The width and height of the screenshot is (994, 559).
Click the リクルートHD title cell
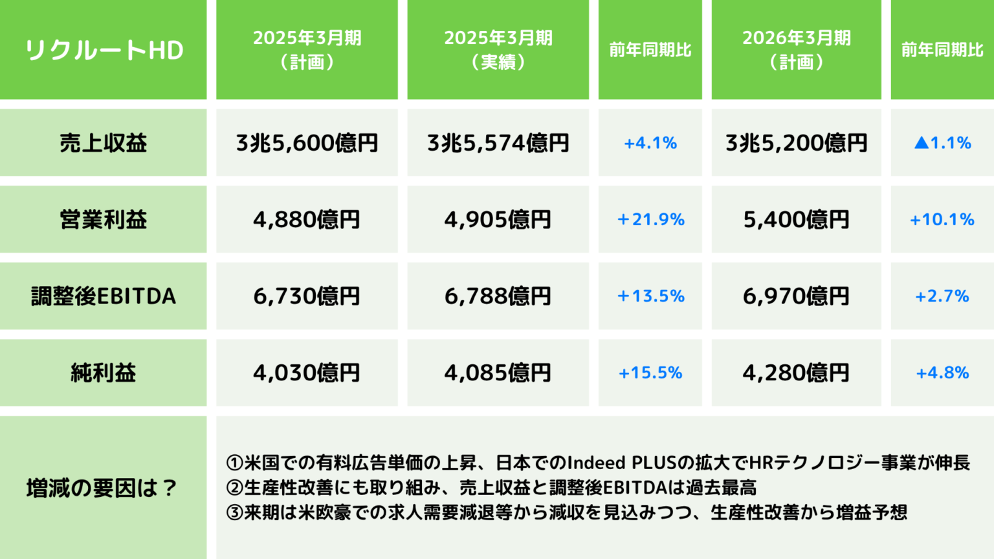(104, 50)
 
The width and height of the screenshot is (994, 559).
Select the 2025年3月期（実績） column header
(498, 50)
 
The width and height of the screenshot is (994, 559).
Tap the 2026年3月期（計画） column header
(796, 50)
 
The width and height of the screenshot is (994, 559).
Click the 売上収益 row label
(104, 142)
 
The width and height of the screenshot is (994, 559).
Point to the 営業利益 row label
(104, 219)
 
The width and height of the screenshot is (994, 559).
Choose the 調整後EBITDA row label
(104, 296)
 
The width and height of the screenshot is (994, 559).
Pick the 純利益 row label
(104, 373)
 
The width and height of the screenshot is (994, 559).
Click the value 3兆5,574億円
(498, 142)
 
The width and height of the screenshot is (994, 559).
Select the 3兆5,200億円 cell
(796, 142)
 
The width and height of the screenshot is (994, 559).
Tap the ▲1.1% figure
(942, 142)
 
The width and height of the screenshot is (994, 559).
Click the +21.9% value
(650, 219)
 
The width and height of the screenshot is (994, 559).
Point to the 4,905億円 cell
(498, 219)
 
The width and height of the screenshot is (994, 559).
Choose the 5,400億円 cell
(796, 219)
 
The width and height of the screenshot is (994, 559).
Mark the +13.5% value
(650, 296)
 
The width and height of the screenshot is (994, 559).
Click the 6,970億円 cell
(796, 296)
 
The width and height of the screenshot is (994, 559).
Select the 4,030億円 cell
(307, 373)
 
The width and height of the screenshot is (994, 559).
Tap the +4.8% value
(942, 373)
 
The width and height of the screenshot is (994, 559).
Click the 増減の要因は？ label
(102, 488)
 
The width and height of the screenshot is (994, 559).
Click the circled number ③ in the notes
(234, 513)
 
